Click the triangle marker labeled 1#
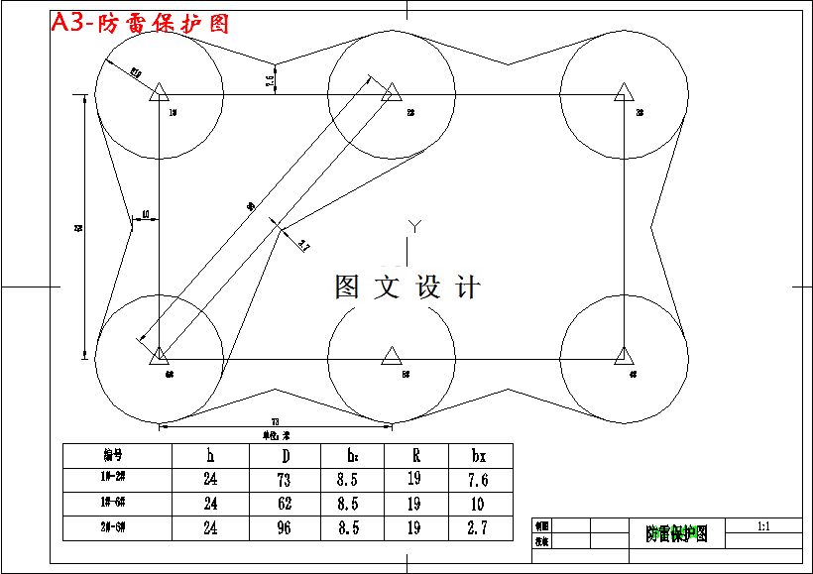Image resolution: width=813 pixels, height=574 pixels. pos(160,94)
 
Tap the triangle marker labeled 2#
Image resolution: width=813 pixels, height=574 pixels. pos(392,93)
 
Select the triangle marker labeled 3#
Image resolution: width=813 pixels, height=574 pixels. pos(624,93)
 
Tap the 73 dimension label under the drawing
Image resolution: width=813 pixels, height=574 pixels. pos(275,422)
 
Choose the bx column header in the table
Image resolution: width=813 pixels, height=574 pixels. pos(478,455)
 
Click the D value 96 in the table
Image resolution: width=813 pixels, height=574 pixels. pos(285,528)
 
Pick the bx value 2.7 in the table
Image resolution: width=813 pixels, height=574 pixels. pos(478,528)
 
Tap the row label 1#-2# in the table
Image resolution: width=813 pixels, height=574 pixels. pos(112,480)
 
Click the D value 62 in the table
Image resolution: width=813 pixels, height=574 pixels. pos(285,504)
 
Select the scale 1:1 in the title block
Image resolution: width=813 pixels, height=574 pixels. pos(763,524)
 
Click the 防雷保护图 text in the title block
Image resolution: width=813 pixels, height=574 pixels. pos(677,534)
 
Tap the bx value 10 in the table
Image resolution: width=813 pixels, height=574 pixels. pos(478,504)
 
